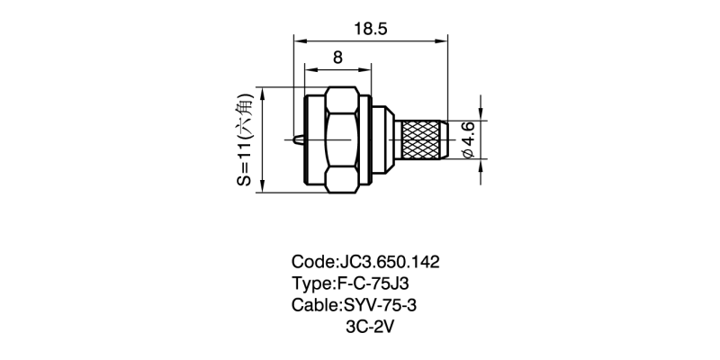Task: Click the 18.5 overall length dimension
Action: [x=371, y=29]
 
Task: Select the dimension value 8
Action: [x=337, y=57]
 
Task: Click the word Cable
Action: [x=314, y=305]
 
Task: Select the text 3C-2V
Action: [x=371, y=327]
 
